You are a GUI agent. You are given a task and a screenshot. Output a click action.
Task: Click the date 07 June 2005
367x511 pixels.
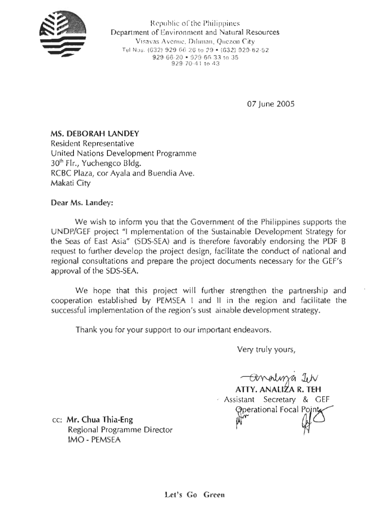point(270,104)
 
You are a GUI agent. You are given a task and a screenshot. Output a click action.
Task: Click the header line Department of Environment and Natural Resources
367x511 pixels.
point(195,33)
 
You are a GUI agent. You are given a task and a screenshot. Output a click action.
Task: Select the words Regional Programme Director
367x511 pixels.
point(120,430)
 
